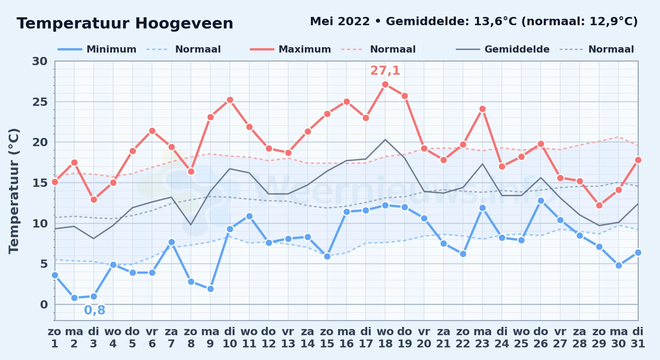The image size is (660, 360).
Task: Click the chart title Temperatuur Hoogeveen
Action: click(125, 23)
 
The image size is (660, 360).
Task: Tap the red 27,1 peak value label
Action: click(385, 71)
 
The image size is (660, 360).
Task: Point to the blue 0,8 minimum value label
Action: click(95, 310)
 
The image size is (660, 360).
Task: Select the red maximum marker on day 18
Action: click(385, 85)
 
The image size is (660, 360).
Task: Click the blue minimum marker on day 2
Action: click(74, 298)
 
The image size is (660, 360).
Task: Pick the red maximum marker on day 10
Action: click(230, 100)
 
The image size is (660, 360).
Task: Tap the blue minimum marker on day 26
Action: click(541, 201)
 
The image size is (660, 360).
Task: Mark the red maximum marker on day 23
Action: click(482, 109)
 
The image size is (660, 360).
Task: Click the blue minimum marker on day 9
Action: click(210, 289)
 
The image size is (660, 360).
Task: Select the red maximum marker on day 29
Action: click(599, 205)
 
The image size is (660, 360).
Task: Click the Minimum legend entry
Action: click(97, 49)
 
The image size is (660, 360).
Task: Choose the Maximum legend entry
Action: click(290, 49)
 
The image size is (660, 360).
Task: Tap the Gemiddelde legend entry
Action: click(503, 49)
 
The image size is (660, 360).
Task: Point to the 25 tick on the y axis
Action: click(40, 102)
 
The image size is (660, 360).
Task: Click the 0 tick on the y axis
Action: click(44, 305)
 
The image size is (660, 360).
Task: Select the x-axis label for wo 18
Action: click(385, 338)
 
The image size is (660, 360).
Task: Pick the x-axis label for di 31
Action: click(638, 338)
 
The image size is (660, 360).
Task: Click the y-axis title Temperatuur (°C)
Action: click(14, 191)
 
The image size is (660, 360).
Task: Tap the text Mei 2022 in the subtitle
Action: click(340, 22)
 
